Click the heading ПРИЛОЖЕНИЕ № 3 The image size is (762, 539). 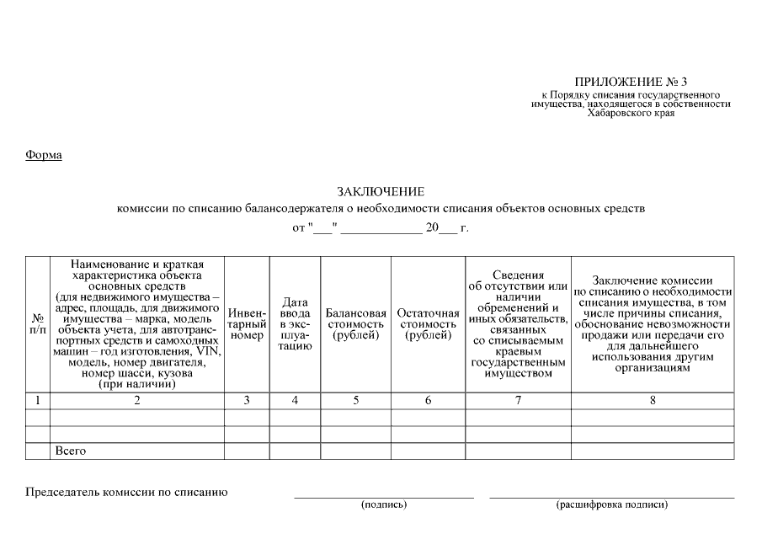click(x=631, y=82)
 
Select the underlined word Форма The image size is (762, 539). click(x=44, y=155)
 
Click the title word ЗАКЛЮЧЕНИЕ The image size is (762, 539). click(x=381, y=192)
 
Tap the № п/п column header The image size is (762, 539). click(x=38, y=324)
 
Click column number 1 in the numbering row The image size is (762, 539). click(x=38, y=401)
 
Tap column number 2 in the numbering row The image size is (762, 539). click(x=137, y=401)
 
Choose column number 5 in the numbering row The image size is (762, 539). click(x=356, y=401)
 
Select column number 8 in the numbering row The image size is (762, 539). click(x=653, y=401)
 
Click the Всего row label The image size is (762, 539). click(x=71, y=451)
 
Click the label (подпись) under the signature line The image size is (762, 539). click(x=384, y=504)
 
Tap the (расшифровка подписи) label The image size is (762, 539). click(x=612, y=504)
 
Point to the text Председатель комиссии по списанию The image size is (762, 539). click(x=127, y=492)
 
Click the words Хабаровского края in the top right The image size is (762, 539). click(x=631, y=113)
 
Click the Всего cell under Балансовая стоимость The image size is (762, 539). click(x=356, y=451)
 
